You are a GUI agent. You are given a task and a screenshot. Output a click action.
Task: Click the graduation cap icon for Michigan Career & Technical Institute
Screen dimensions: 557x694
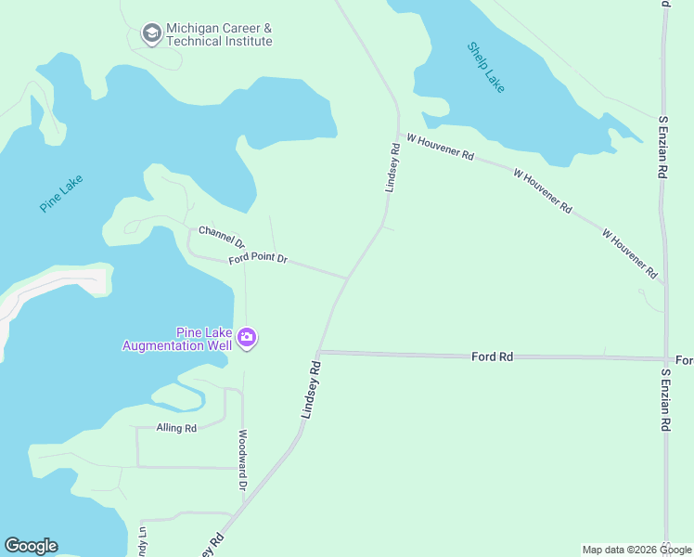[151, 34]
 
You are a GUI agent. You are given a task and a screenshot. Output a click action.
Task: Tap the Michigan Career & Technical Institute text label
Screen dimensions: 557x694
[219, 35]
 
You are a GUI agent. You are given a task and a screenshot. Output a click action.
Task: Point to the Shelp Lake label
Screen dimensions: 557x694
[486, 67]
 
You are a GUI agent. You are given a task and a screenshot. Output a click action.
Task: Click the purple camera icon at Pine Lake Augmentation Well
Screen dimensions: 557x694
[247, 338]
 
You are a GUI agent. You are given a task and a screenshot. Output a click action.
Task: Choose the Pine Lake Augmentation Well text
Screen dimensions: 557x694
[176, 339]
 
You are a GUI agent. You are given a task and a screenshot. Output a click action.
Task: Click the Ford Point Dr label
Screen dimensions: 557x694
[259, 260]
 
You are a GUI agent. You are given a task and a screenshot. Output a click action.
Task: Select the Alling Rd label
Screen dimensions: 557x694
[176, 429]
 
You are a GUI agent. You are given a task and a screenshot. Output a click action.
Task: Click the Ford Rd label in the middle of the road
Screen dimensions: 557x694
[492, 356]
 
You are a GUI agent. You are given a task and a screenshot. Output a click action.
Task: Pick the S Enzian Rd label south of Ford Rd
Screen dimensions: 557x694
[664, 399]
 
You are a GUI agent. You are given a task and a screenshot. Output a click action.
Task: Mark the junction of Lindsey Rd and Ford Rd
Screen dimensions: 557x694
[318, 353]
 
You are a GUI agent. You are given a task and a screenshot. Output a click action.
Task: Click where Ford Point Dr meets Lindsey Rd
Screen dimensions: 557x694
[348, 277]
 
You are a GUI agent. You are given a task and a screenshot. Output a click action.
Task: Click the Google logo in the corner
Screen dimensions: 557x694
[31, 546]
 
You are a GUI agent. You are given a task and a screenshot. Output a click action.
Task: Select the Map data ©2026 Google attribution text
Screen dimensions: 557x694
[636, 550]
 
